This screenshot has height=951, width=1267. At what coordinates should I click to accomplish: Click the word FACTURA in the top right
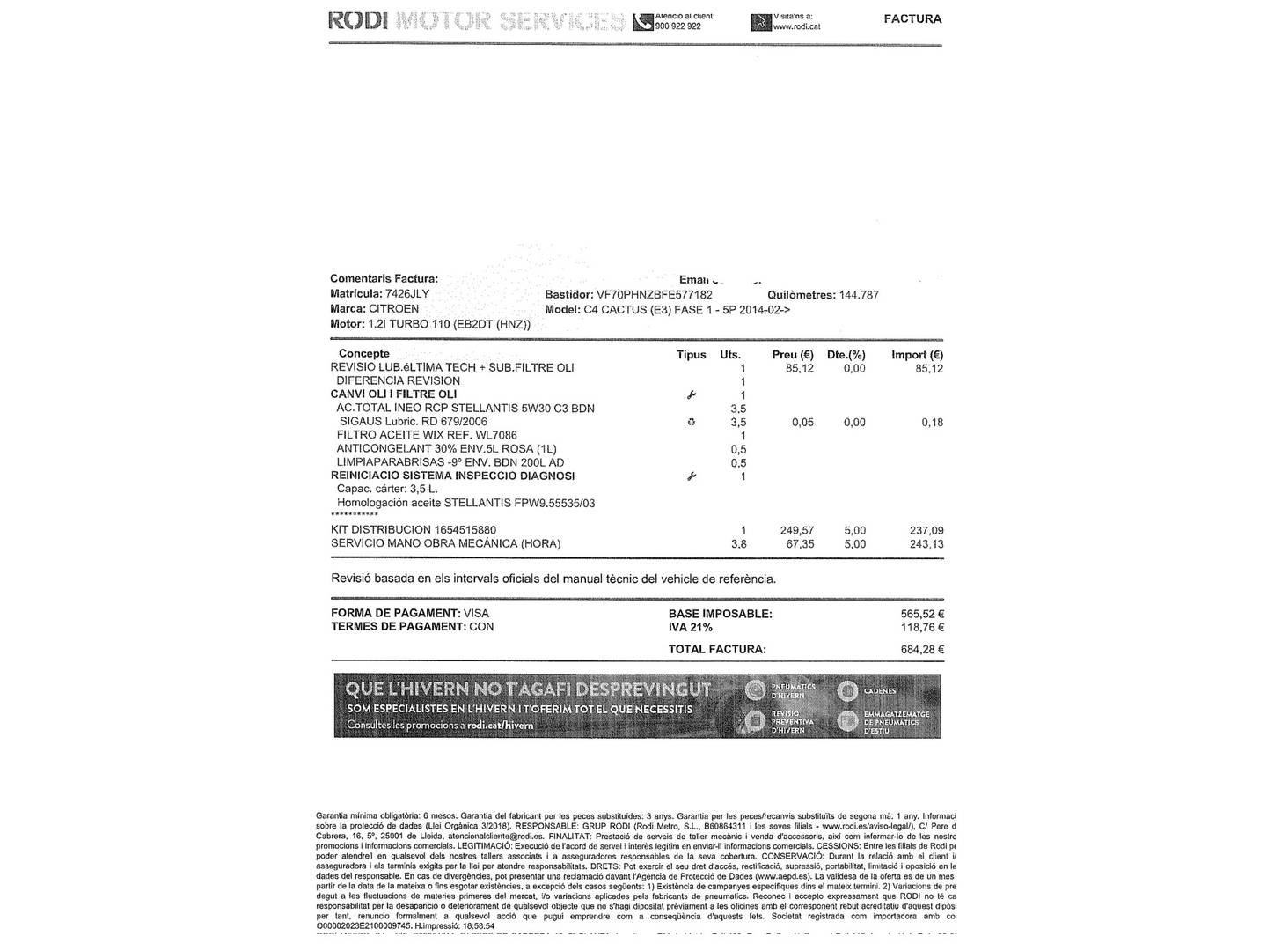pos(912,18)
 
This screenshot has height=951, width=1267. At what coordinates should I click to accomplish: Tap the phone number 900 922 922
pos(678,26)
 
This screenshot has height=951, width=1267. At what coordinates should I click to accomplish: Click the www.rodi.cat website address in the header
pos(797,26)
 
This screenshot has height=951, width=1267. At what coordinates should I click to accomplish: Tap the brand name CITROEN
pos(393,309)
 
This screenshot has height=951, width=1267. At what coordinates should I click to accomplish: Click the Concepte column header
pos(364,354)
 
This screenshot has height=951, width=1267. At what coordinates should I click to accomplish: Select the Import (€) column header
pos(917,355)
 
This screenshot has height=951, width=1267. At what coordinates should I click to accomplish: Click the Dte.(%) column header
pos(846,355)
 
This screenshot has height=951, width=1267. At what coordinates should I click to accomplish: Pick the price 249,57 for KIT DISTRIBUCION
pos(797,531)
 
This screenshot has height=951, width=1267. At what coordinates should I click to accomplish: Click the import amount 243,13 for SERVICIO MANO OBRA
pos(926,544)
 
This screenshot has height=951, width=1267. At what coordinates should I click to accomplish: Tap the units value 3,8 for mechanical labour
pos(738,544)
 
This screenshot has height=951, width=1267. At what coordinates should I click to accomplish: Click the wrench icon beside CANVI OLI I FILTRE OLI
pos(692,395)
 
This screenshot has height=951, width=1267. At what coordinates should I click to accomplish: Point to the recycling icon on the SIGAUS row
pos(692,423)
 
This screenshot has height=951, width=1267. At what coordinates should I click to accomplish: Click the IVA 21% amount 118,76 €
pos(921,628)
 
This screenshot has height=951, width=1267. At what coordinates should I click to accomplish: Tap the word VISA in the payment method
pos(476,613)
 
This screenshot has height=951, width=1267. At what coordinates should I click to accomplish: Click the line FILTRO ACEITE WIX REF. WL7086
pos(427,435)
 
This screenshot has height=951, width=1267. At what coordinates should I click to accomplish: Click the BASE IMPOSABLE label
pos(720,614)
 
